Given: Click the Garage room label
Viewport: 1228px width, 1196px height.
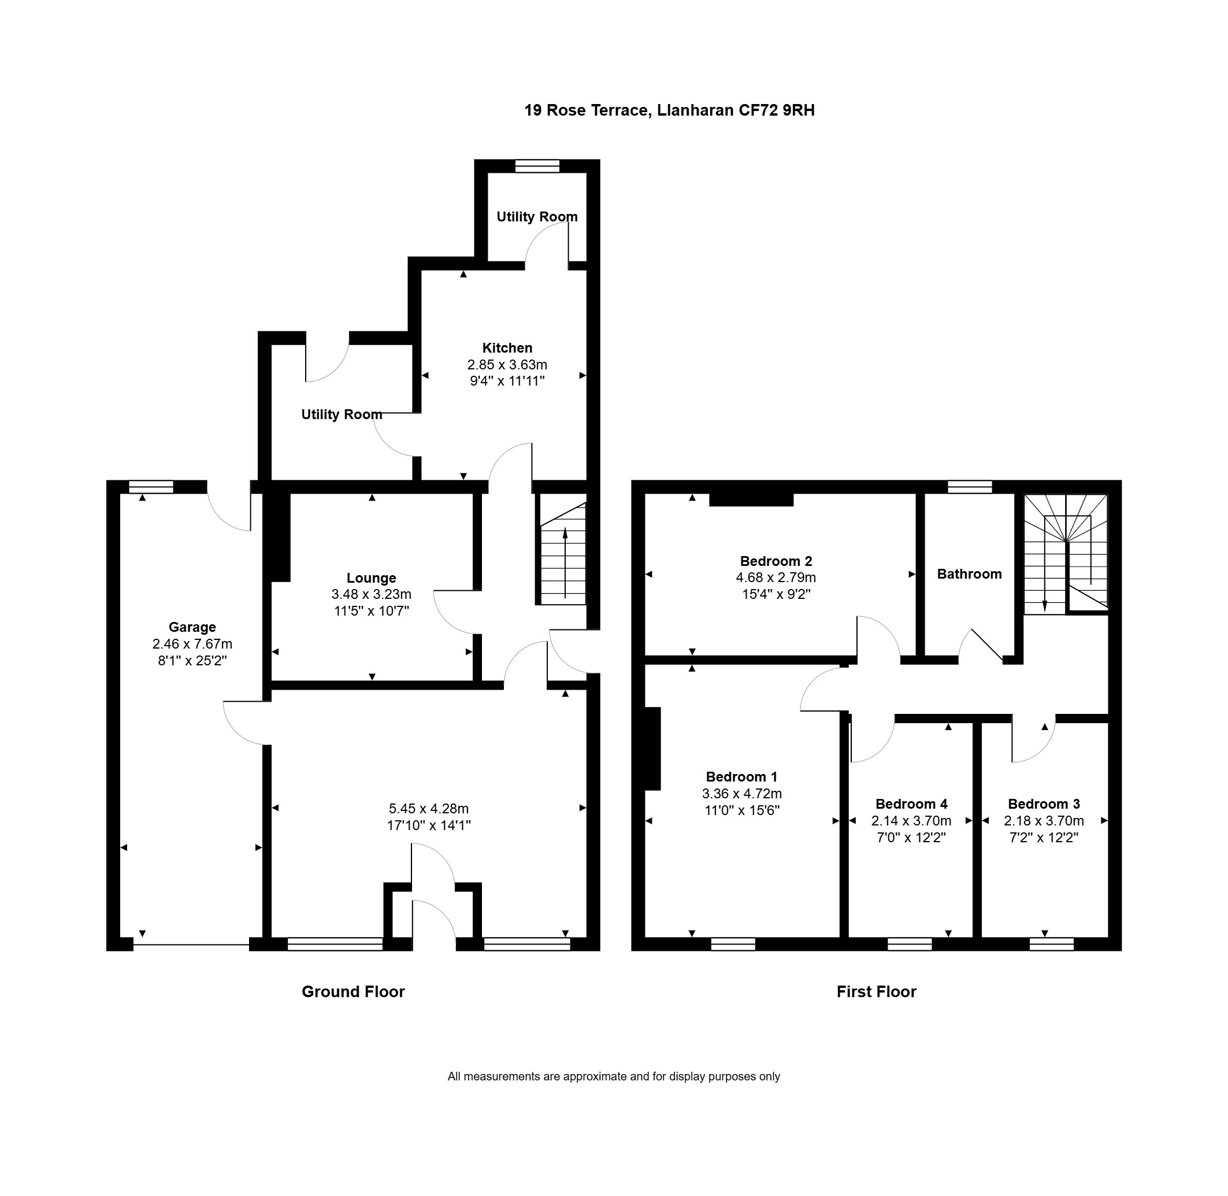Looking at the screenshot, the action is coord(192,627).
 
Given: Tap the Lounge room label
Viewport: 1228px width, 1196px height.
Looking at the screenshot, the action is coord(371,578).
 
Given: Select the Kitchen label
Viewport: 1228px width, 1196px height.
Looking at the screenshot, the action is coord(507,348).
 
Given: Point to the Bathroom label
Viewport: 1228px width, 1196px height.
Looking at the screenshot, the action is coord(969,573).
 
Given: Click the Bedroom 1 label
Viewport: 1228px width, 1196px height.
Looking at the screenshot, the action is coord(741,776).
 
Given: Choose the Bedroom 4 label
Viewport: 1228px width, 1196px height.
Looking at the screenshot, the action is coord(911,804).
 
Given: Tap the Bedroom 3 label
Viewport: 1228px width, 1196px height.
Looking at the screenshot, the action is coord(1044,804).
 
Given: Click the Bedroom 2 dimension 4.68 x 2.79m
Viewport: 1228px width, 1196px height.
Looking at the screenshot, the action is coord(776,577).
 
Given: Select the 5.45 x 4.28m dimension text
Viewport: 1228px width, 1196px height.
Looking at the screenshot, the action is coord(429,809).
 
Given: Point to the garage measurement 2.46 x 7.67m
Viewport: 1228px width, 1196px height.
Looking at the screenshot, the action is coord(192,644).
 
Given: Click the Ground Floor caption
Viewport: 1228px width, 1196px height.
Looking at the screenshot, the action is coord(354,991).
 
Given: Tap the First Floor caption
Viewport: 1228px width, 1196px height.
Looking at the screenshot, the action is coord(877,991).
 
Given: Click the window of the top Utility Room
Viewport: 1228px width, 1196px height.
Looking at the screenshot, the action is coord(537,166).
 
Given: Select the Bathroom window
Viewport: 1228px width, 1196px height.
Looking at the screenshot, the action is coord(970,486).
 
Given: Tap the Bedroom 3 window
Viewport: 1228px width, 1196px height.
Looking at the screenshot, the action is coord(1052,943).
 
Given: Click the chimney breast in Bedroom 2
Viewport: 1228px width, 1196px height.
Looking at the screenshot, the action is coord(751,499).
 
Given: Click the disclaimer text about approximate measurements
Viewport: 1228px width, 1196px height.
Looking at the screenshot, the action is coord(614,1077).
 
